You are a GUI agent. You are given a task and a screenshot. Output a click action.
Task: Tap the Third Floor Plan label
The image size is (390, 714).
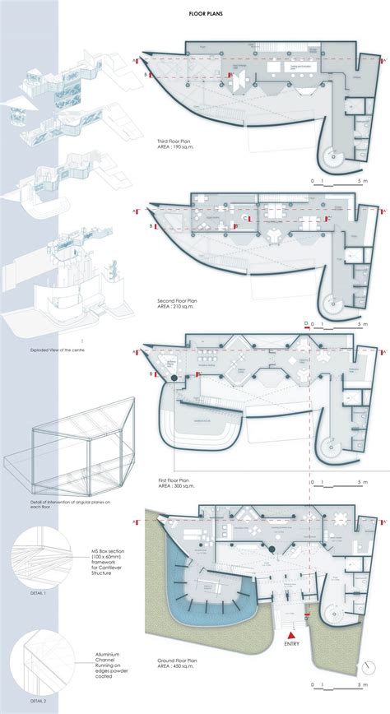point(176,141)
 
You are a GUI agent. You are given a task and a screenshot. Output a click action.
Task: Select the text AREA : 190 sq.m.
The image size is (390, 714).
point(177,148)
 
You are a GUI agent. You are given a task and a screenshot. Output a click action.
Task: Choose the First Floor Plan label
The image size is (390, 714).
point(175,478)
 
